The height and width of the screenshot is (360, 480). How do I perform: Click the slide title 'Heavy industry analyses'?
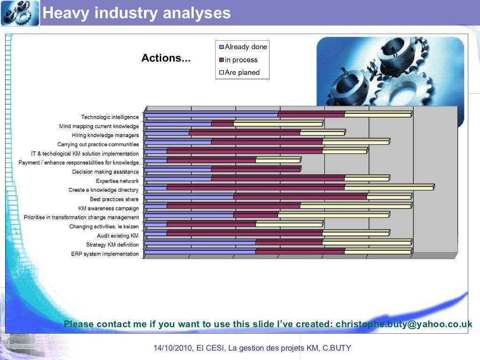[x=136, y=13]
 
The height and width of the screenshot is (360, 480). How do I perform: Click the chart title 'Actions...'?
[x=166, y=59]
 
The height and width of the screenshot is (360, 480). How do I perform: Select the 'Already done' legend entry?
[x=245, y=47]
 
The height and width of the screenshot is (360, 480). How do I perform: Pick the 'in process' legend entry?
[x=240, y=60]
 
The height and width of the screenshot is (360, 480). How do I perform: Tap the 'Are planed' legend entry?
[x=241, y=73]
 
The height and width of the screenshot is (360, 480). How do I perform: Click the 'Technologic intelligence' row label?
[x=110, y=117]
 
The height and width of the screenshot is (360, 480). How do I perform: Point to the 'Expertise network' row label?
[x=117, y=181]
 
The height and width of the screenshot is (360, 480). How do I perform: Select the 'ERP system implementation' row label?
[x=105, y=254]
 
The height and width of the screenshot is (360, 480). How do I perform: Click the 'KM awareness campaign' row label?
[x=108, y=209]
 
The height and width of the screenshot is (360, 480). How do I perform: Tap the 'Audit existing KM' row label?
[x=118, y=236]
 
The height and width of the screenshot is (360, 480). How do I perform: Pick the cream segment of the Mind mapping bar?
[x=277, y=124]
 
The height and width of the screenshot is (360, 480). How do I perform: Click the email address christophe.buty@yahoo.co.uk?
[x=404, y=324]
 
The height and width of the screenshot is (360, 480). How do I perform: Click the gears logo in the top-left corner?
[x=20, y=13]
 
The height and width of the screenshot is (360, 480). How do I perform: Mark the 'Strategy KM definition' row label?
[x=112, y=245]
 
